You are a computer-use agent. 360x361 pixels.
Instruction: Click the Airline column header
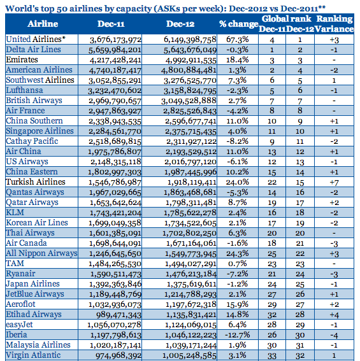(43, 24)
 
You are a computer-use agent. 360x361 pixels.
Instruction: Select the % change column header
(238, 24)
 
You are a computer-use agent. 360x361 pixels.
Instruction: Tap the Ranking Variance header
(334, 24)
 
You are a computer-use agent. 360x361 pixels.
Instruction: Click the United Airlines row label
(36, 39)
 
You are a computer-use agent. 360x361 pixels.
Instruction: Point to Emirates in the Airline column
(22, 60)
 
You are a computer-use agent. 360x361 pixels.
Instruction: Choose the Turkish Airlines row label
(36, 182)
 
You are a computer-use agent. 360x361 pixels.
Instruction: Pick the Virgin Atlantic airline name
(33, 355)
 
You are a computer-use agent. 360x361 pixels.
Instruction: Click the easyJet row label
(19, 325)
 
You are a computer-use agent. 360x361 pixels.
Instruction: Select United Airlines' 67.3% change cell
(238, 39)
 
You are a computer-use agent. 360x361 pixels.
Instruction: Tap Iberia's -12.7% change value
(238, 335)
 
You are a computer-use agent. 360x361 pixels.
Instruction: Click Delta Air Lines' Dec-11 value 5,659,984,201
(115, 50)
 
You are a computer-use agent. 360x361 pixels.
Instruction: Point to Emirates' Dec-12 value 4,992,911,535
(191, 60)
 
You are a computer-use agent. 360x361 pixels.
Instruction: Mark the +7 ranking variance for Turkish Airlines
(334, 182)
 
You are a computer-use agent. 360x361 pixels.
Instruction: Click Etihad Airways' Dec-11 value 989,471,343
(119, 315)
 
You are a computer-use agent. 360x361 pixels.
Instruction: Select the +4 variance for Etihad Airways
(334, 315)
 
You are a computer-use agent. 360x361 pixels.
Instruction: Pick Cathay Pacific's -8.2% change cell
(238, 141)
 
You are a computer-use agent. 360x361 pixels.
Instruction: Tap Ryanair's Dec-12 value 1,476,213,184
(191, 274)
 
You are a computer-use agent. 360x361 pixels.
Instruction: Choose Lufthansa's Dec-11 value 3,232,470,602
(115, 90)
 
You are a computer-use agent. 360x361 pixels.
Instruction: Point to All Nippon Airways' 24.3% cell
(238, 253)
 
